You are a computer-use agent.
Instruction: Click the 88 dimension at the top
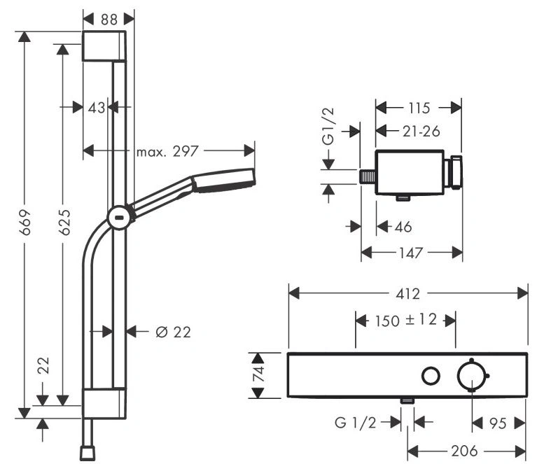[109, 20]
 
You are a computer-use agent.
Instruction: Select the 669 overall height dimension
[25, 223]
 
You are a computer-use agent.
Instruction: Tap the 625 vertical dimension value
[64, 222]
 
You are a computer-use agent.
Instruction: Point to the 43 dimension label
[96, 108]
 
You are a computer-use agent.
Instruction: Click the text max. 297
[167, 151]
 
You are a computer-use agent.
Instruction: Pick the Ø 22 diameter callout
[173, 332]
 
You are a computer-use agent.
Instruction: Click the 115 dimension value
[419, 108]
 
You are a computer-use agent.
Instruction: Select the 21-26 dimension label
[421, 132]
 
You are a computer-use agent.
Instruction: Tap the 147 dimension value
[411, 253]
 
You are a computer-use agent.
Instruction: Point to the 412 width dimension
[407, 294]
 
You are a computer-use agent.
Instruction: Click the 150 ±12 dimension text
[406, 321]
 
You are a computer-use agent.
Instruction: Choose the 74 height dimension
[258, 374]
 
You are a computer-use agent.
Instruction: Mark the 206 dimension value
[464, 451]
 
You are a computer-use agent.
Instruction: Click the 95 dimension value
[498, 423]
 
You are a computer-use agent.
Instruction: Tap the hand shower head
[223, 179]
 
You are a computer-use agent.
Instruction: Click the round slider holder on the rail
[119, 218]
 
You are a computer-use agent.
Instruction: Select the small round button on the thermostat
[431, 376]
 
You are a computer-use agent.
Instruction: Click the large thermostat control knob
[472, 376]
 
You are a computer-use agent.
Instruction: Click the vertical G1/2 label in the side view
[329, 127]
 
